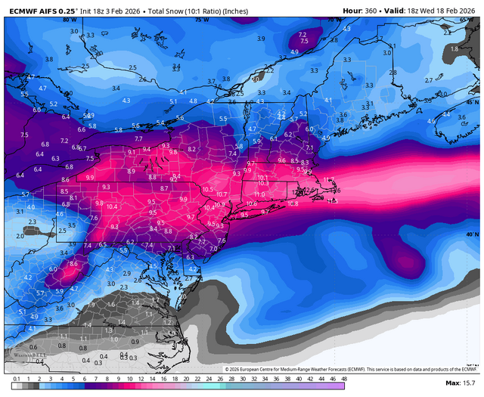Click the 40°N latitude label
click(473, 234)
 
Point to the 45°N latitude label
click(473, 101)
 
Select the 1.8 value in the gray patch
click(454, 48)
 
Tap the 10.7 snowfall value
click(222, 194)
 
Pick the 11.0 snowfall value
click(259, 194)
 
